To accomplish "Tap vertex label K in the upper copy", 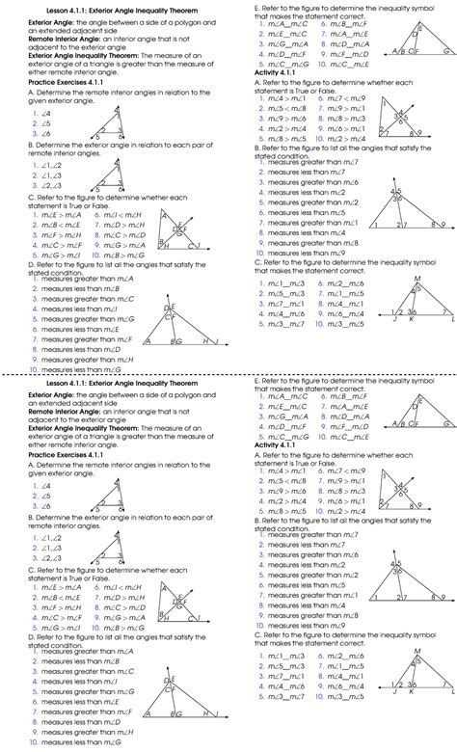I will point(412,318).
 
